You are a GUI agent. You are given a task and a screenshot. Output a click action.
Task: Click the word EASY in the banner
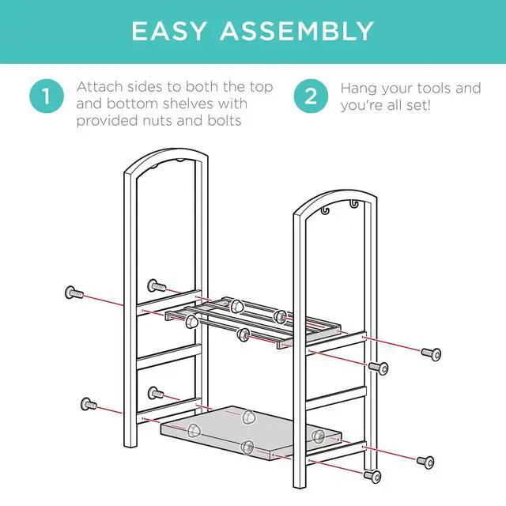tap(168, 31)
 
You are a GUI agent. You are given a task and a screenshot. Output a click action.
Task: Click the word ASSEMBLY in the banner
tap(296, 31)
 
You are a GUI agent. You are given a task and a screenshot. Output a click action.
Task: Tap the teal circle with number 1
tap(47, 96)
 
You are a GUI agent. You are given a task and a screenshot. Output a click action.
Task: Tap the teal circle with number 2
tap(311, 96)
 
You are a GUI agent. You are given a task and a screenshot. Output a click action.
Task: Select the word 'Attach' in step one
tap(100, 87)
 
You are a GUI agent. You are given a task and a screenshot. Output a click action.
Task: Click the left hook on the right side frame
tap(325, 210)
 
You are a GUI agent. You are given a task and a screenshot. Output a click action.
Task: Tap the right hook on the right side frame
tap(354, 204)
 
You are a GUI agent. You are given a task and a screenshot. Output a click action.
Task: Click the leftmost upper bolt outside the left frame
tap(74, 293)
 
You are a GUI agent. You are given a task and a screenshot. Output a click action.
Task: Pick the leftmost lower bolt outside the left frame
tap(89, 404)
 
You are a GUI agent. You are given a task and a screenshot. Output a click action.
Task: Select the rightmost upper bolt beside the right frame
tap(432, 354)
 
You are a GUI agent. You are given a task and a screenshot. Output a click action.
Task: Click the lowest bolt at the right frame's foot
tap(372, 476)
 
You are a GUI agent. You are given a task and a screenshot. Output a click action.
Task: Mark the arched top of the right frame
tap(335, 198)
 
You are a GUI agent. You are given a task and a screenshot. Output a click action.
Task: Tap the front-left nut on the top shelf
tap(191, 322)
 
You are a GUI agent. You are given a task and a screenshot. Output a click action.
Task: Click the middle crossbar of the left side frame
tap(168, 357)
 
